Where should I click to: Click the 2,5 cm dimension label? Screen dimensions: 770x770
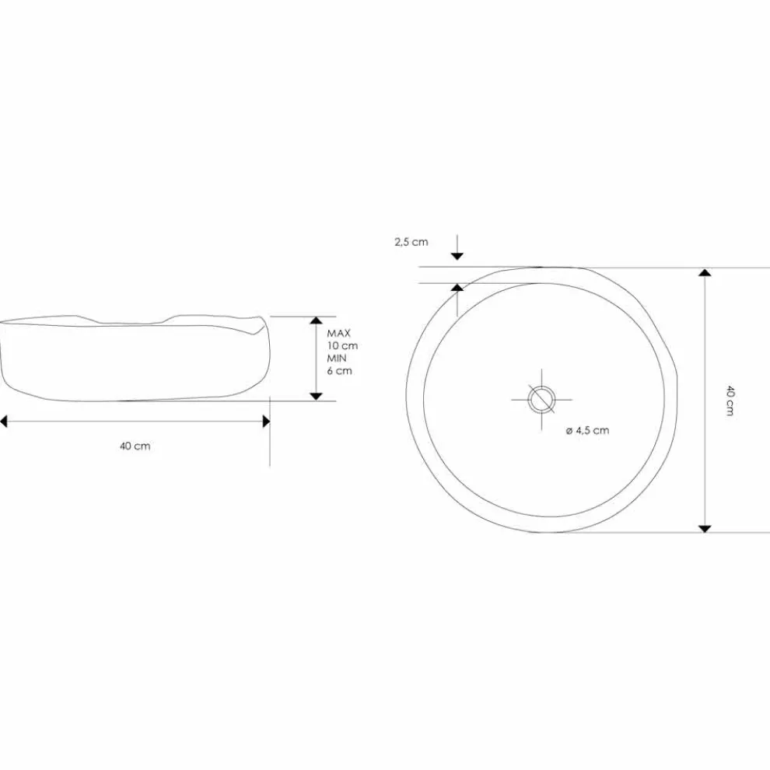[x=411, y=242]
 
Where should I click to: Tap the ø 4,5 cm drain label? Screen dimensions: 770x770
[x=587, y=431]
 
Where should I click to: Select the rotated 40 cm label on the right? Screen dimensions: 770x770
[x=730, y=401]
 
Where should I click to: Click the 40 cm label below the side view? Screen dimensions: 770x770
[x=135, y=446]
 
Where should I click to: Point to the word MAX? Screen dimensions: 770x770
[x=339, y=334]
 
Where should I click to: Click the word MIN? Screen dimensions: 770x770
[x=337, y=358]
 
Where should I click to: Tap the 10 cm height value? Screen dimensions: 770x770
[x=343, y=345]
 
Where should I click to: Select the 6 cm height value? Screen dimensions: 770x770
[x=340, y=370]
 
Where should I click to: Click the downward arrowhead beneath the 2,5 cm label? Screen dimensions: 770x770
[x=457, y=256]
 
